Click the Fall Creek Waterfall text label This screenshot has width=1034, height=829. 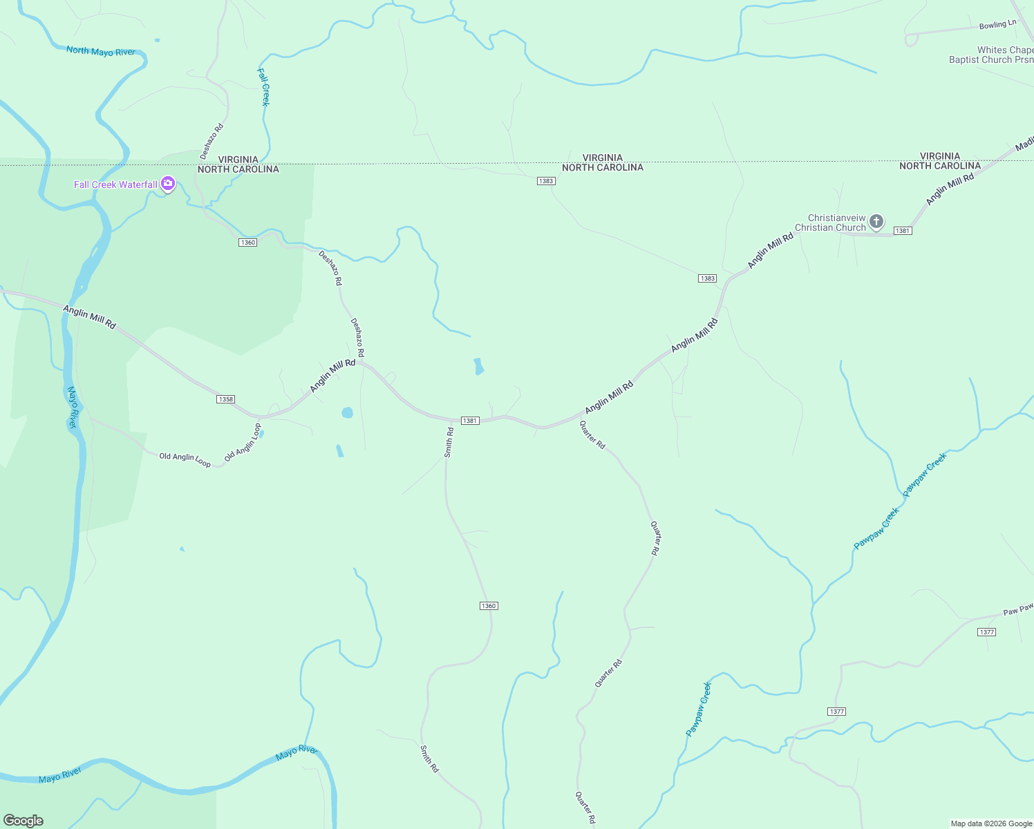(115, 184)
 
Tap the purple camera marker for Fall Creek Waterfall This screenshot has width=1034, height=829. (168, 184)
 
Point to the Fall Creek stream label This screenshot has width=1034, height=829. (263, 86)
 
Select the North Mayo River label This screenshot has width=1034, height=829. (101, 51)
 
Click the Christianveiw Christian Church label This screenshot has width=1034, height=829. (829, 222)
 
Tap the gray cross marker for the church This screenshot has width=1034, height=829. (876, 222)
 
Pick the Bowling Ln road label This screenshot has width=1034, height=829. (997, 25)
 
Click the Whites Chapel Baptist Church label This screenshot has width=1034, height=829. (991, 55)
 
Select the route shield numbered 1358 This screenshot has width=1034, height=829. (225, 399)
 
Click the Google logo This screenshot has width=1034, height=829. (23, 820)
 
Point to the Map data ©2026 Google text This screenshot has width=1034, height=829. (990, 823)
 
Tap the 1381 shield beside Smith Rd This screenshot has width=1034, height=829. (470, 421)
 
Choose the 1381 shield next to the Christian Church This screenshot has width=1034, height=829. (903, 231)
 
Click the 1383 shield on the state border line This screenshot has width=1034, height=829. (546, 181)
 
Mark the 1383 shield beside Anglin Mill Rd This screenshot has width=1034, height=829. (707, 278)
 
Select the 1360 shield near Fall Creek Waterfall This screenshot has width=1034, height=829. (247, 242)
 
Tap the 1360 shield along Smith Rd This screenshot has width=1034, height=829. (489, 606)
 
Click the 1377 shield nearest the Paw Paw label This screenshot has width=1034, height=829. (987, 632)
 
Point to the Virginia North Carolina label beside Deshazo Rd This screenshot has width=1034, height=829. (238, 164)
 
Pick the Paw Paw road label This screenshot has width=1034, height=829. (1018, 609)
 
